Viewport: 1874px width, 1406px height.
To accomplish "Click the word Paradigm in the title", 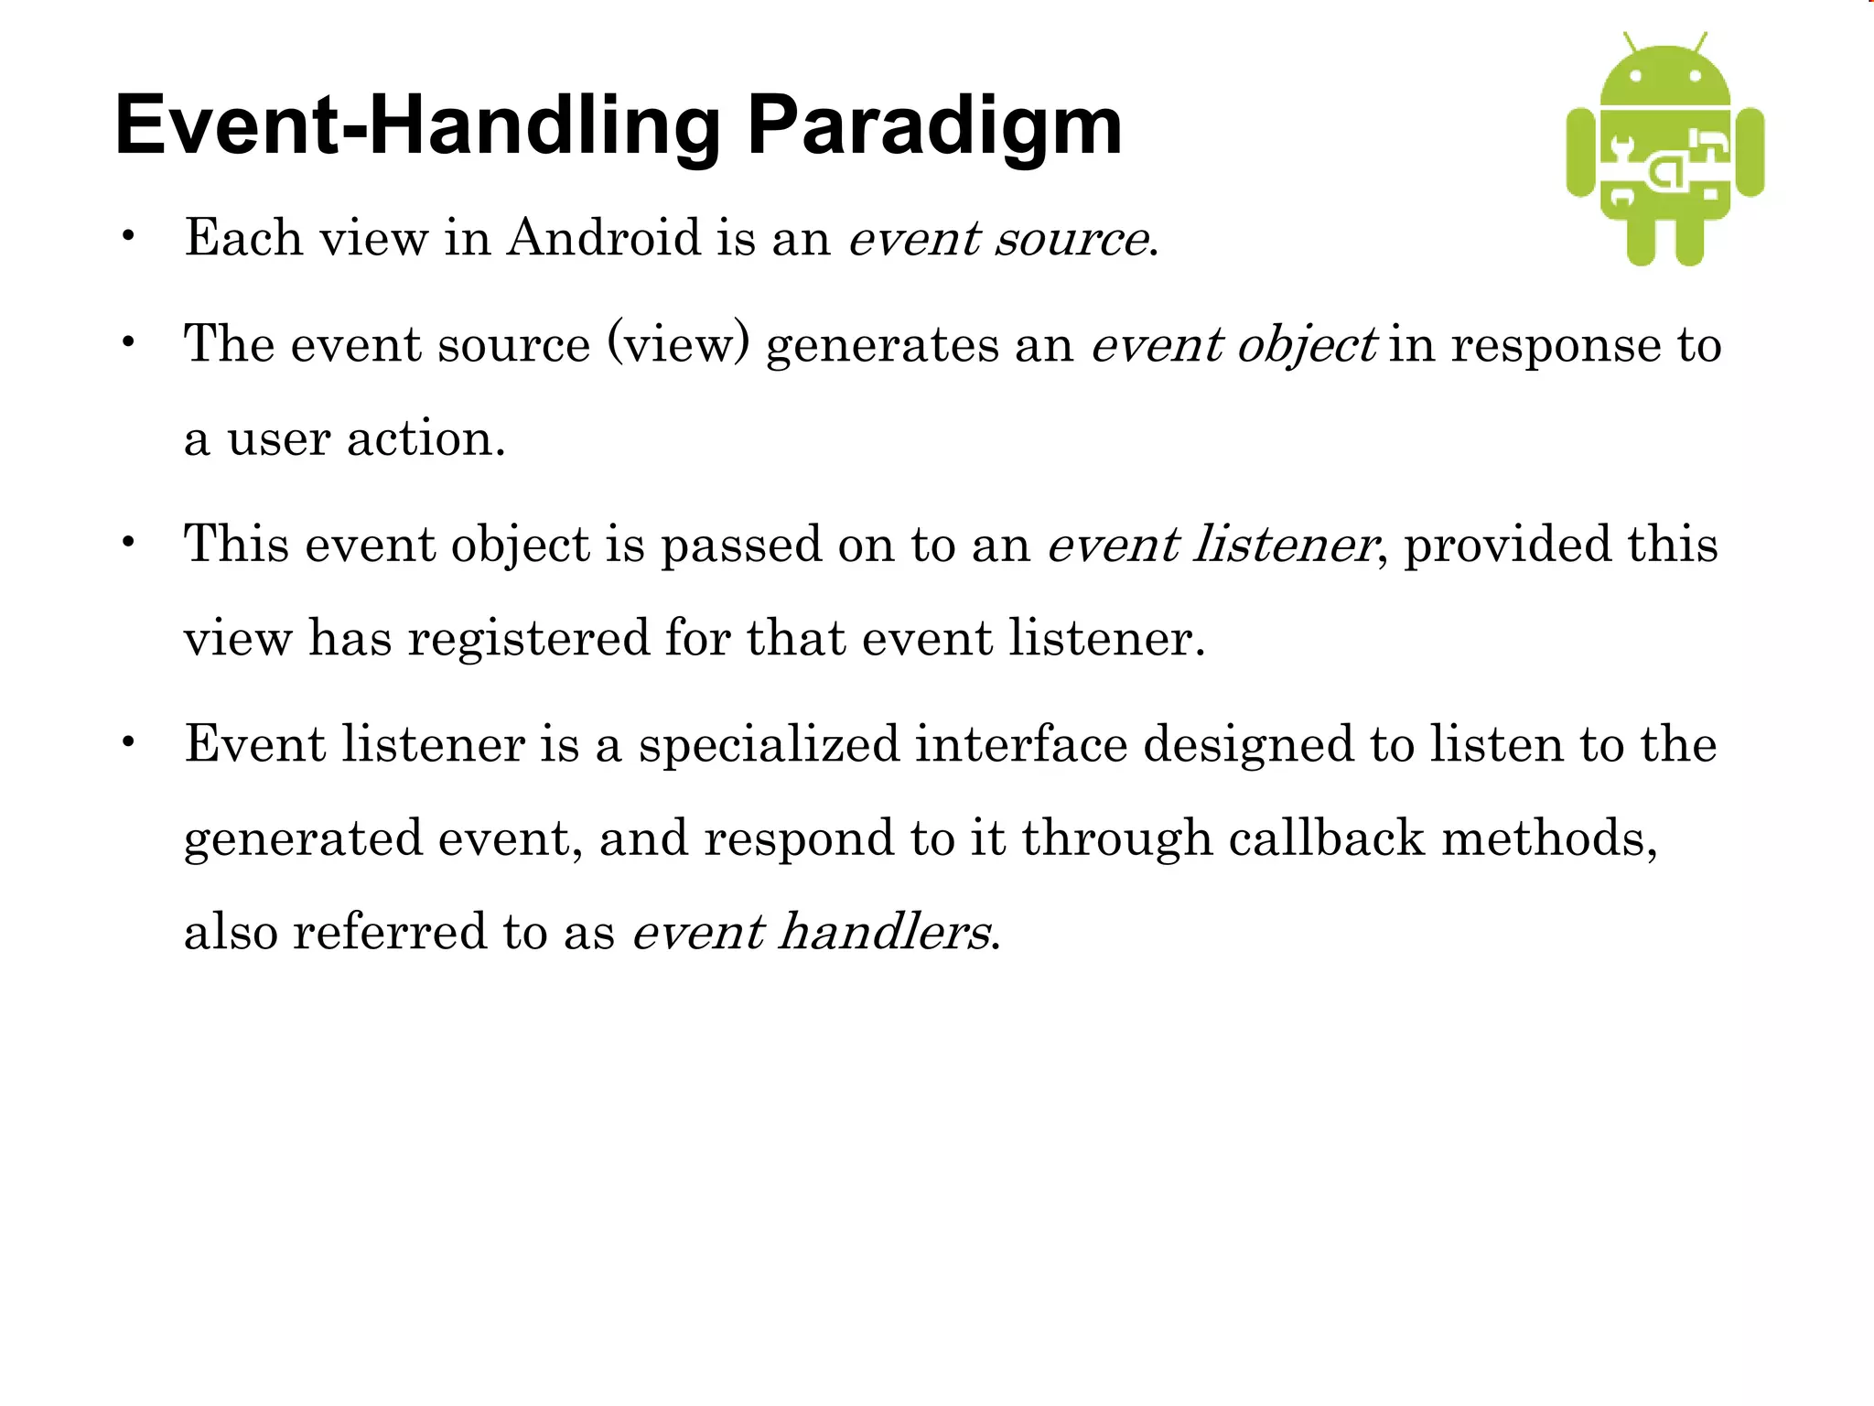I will click(x=933, y=128).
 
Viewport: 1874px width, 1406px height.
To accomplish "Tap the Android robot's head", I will click(x=1665, y=77).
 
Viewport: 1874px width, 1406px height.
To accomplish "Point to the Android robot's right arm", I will click(x=1750, y=152).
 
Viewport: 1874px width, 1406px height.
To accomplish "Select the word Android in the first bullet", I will click(x=604, y=238).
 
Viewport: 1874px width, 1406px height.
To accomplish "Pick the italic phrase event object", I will click(x=1233, y=346).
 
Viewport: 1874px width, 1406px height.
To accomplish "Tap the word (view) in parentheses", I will click(x=678, y=345).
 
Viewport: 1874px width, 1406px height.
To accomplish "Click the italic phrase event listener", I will click(x=1211, y=545).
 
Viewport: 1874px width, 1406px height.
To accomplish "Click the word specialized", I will click(x=769, y=743).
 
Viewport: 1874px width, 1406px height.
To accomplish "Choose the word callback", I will click(x=1326, y=838).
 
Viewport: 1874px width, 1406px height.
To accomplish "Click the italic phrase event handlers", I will click(x=811, y=932).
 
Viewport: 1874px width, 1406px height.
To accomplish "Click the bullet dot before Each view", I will click(x=129, y=236).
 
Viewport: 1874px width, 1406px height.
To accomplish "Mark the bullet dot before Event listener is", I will click(x=129, y=741).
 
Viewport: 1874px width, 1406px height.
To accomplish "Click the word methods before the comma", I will click(x=1543, y=838).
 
